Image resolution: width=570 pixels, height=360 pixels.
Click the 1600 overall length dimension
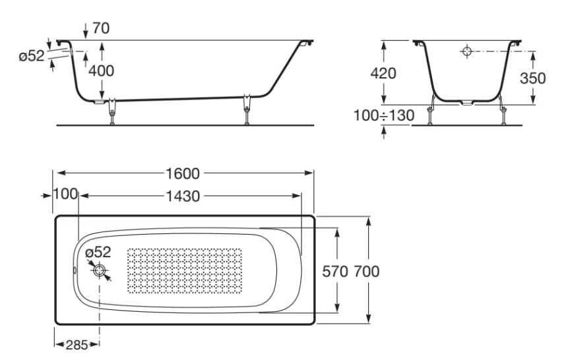click(x=183, y=173)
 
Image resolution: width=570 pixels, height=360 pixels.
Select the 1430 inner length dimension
click(x=183, y=196)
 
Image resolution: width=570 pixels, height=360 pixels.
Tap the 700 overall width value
click(x=366, y=272)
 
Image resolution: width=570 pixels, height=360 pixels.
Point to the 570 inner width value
click(x=335, y=272)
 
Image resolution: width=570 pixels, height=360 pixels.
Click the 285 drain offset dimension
click(x=77, y=345)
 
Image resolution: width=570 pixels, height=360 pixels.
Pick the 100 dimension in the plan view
click(x=65, y=194)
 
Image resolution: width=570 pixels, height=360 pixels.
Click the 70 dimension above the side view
click(x=101, y=28)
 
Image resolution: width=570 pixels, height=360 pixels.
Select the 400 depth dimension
click(x=101, y=71)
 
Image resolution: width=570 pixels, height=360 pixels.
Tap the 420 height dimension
click(x=383, y=74)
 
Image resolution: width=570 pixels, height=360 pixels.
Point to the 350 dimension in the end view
click(x=532, y=78)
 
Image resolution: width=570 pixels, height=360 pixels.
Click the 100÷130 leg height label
click(x=384, y=116)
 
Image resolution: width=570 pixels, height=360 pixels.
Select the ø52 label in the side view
click(x=32, y=56)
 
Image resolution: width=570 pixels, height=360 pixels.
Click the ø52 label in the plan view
click(x=98, y=252)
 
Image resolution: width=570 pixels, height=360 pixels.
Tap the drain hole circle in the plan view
click(x=99, y=270)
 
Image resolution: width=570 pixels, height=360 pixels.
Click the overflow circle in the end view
click(x=467, y=51)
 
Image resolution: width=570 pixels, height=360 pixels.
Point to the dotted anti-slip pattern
click(x=184, y=270)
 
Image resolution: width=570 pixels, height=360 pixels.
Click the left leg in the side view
click(x=112, y=111)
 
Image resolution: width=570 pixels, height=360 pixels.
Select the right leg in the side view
click(x=247, y=109)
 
